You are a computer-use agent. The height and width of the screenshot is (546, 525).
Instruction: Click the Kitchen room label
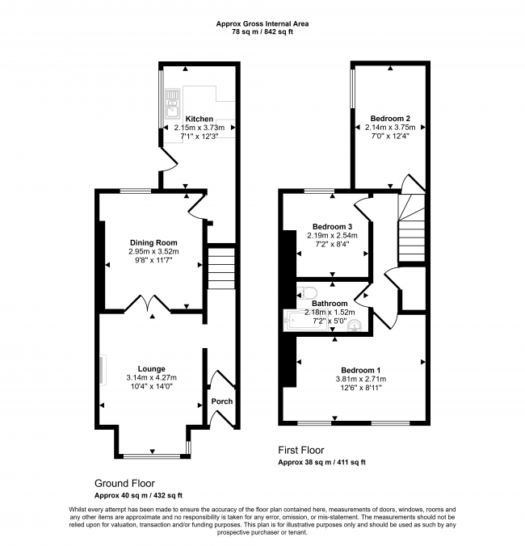199,119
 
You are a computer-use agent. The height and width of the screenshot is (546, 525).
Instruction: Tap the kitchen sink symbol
172,103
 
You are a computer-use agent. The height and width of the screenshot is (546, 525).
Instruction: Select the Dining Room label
153,242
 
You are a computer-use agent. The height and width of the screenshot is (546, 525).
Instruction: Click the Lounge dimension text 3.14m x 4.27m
152,377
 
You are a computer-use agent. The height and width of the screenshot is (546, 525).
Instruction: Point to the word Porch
222,401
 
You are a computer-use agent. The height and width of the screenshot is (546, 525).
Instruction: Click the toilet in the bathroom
307,292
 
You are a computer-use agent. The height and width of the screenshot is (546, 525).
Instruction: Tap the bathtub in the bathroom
305,321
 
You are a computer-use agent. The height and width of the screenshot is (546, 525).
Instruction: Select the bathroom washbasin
355,325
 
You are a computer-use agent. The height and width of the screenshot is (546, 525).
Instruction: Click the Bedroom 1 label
361,370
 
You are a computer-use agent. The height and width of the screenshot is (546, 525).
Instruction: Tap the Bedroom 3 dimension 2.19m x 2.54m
332,235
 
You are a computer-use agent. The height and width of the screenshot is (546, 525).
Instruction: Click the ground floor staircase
221,268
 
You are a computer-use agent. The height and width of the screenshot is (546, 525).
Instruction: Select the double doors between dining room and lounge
148,303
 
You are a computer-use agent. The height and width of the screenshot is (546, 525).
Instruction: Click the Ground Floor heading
124,483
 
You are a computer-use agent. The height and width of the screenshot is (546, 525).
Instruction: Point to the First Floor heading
301,450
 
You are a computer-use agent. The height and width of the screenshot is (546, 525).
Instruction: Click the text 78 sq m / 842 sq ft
262,32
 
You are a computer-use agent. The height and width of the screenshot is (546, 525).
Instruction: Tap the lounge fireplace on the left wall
103,370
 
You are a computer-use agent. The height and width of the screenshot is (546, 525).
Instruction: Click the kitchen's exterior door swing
169,159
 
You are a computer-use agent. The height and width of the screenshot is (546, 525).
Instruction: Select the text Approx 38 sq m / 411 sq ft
321,463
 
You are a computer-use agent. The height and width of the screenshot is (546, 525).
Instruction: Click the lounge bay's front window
152,456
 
